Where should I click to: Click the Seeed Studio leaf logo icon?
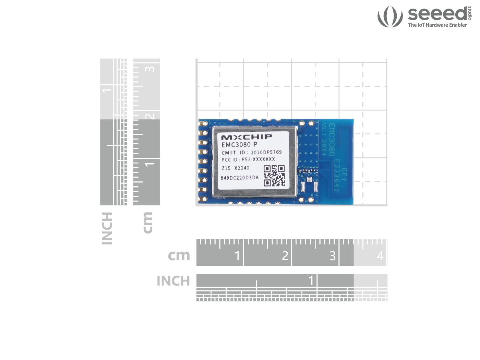(390, 16)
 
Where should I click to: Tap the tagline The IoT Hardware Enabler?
(437, 25)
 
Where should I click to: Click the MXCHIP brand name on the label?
(247, 137)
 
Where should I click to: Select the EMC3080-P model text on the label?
(239, 145)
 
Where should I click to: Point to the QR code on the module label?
(274, 176)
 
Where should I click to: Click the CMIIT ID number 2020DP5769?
(266, 152)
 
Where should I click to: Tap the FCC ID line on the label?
(248, 159)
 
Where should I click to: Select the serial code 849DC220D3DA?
(239, 178)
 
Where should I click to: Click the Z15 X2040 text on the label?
(236, 168)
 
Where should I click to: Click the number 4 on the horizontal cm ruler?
(380, 256)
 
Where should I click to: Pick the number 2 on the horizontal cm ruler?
(285, 256)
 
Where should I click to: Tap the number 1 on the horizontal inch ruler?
(311, 280)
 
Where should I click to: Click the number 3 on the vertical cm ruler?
(150, 69)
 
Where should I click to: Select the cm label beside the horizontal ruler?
(179, 255)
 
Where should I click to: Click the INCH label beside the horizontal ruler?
(173, 281)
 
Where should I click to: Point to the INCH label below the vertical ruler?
(107, 228)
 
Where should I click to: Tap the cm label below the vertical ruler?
(148, 223)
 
